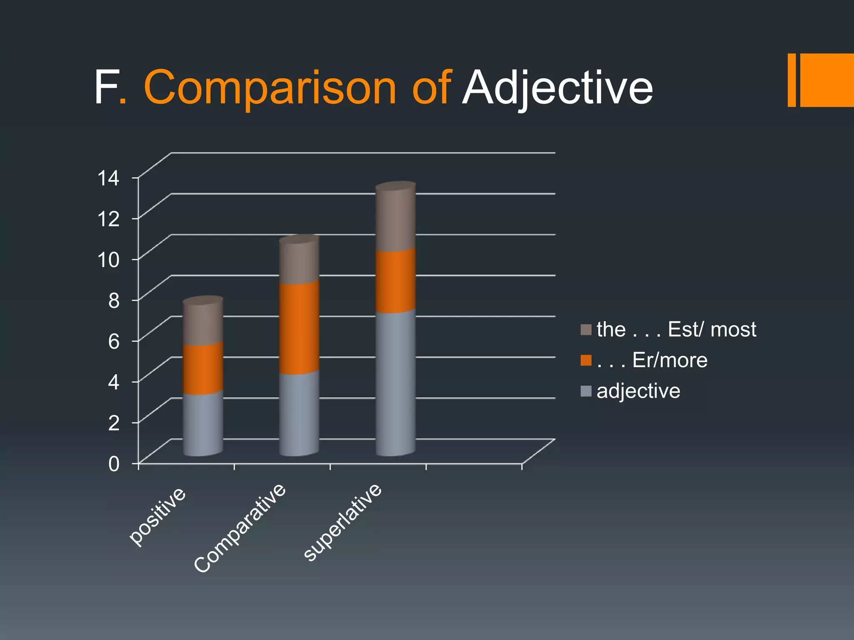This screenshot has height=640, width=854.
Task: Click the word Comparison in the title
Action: [270, 88]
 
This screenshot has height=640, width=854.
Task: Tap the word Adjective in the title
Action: [557, 88]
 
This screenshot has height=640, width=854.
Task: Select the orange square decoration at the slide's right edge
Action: [826, 80]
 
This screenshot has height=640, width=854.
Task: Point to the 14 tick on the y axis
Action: [108, 178]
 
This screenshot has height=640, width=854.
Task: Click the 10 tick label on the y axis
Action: [108, 260]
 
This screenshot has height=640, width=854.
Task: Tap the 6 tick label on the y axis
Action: [113, 342]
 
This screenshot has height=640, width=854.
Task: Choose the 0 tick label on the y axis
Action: [113, 464]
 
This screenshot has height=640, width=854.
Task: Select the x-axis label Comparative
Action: [240, 528]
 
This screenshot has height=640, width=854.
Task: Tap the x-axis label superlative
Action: [342, 522]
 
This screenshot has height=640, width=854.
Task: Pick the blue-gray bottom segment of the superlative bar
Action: [395, 383]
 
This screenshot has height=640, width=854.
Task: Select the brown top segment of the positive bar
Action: [203, 323]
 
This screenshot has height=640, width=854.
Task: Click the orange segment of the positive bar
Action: [203, 369]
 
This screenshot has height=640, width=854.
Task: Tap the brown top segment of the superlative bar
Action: [395, 219]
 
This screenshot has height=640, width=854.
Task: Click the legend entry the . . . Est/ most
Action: [676, 330]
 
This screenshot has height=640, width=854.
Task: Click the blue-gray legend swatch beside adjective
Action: [586, 391]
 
